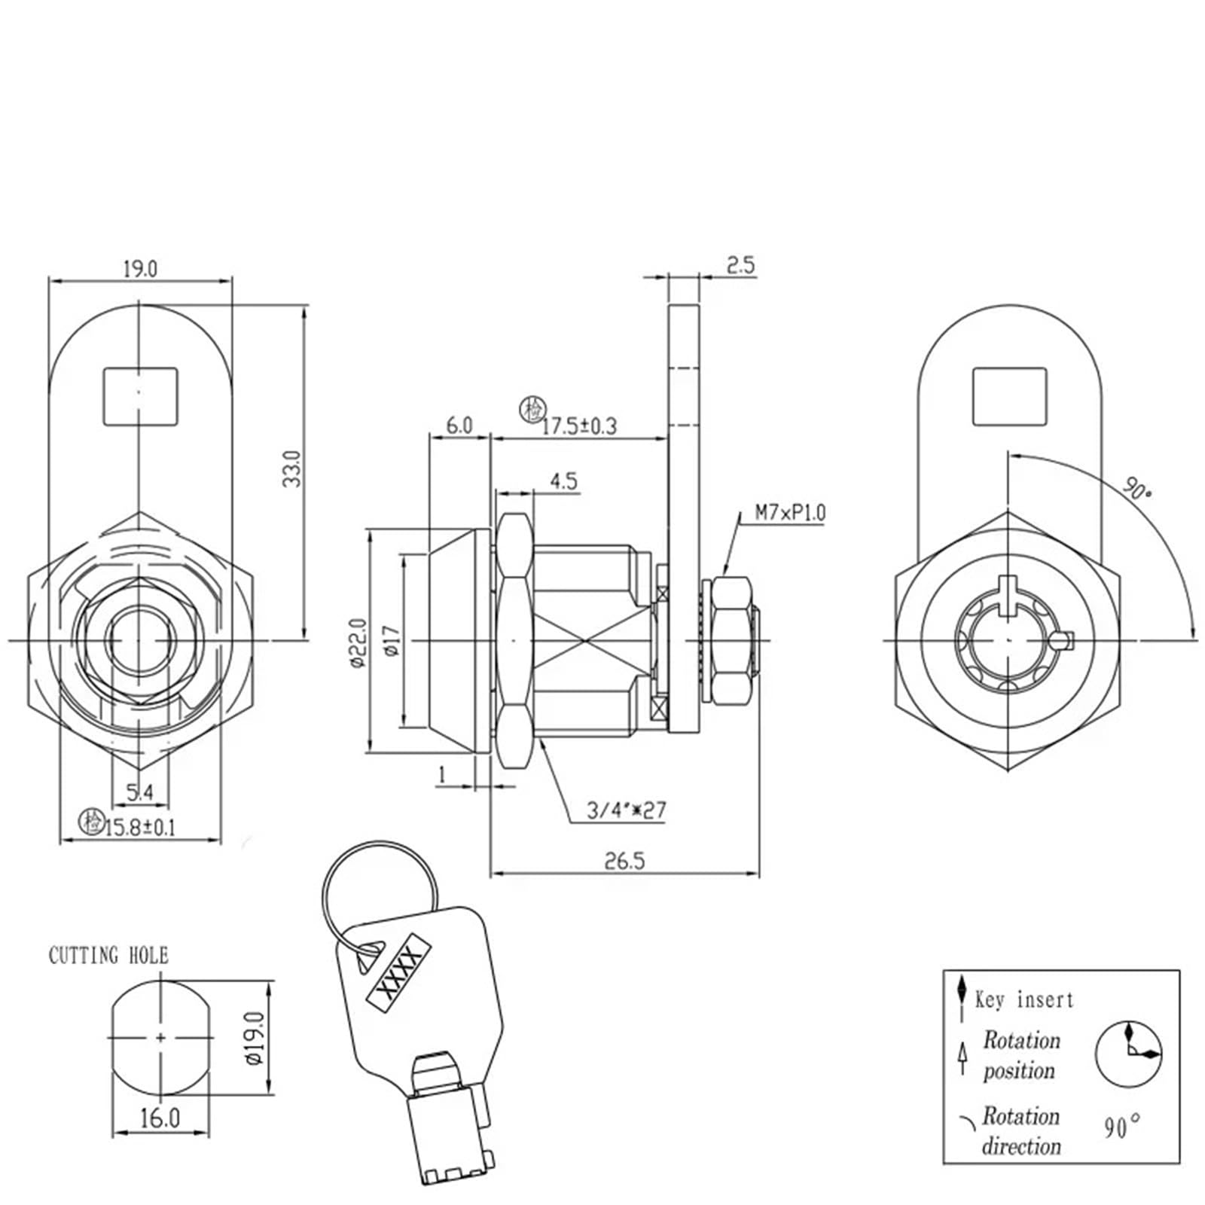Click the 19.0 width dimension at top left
tap(140, 269)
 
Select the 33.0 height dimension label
tap(292, 468)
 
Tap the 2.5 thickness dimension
tap(740, 265)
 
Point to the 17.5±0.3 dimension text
tap(579, 426)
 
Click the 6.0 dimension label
tap(459, 426)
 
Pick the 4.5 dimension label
tap(564, 481)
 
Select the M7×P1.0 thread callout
tap(791, 513)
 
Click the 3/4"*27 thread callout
tap(627, 810)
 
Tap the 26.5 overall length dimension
tap(625, 861)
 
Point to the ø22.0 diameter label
tap(357, 642)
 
